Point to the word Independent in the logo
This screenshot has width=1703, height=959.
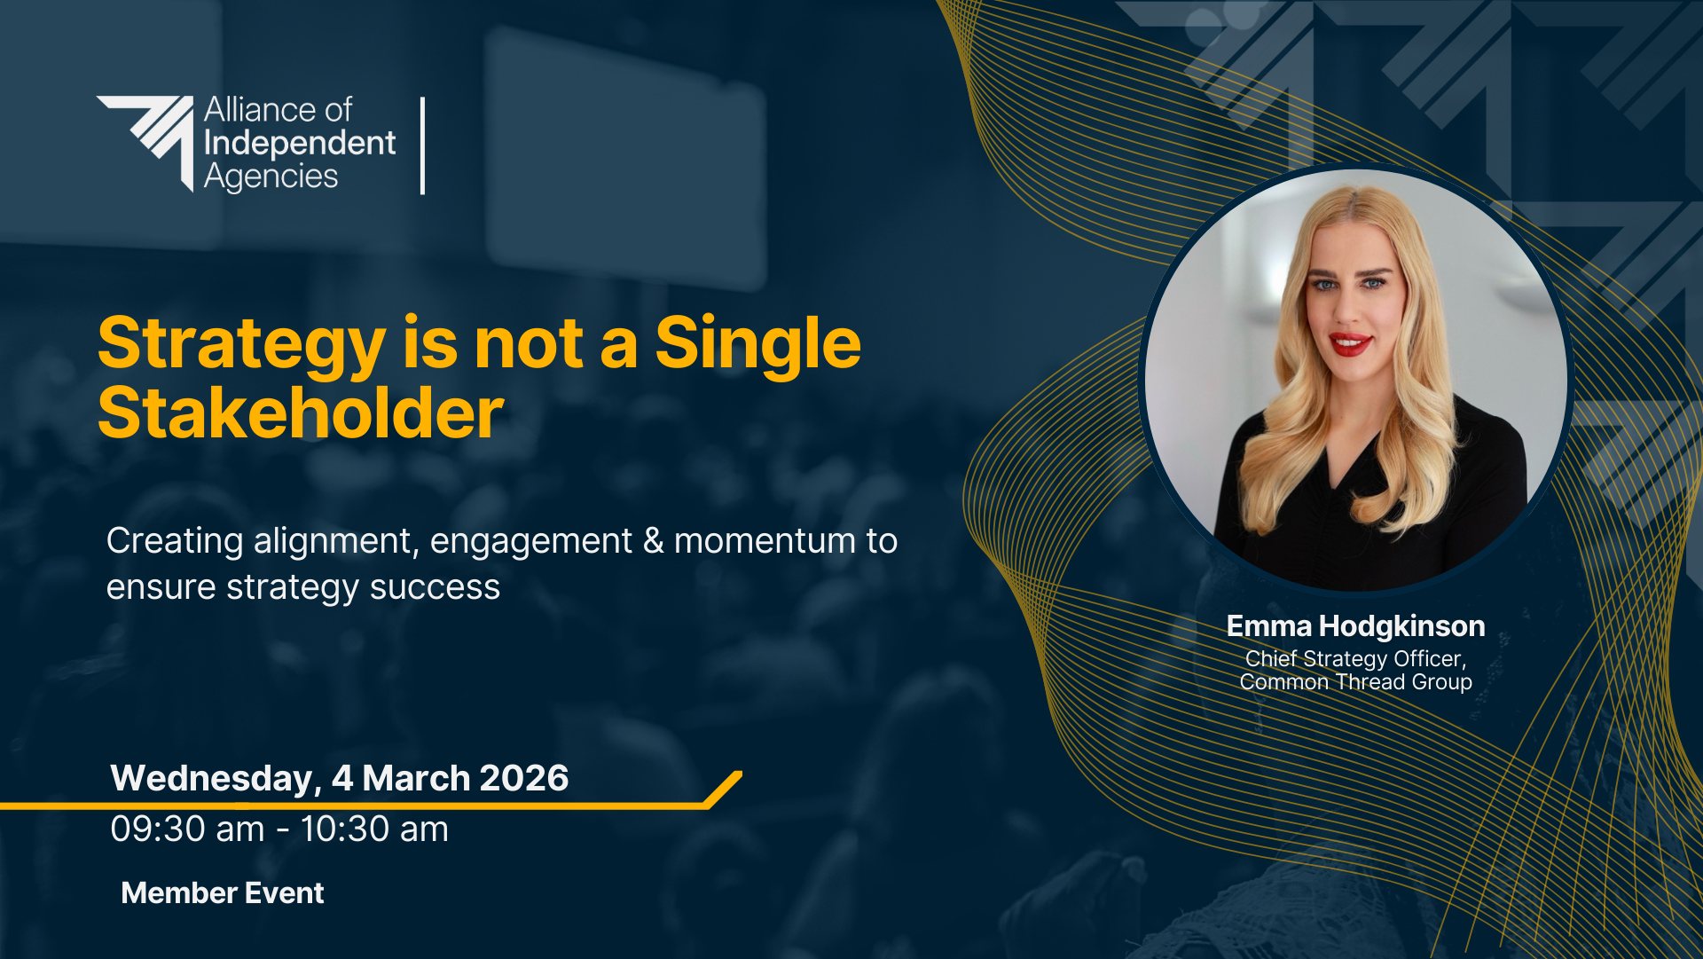(x=300, y=144)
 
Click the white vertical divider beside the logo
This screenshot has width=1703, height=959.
(x=422, y=145)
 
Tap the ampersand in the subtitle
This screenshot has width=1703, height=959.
(x=654, y=540)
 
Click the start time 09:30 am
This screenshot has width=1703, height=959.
(x=187, y=829)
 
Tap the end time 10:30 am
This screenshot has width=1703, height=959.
(x=374, y=829)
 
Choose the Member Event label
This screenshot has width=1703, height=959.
(x=223, y=892)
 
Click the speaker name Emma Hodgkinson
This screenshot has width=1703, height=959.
(x=1355, y=626)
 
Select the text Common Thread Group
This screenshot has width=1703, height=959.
(x=1355, y=681)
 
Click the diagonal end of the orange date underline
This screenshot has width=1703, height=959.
(x=724, y=789)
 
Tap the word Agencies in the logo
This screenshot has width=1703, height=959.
(x=271, y=177)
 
